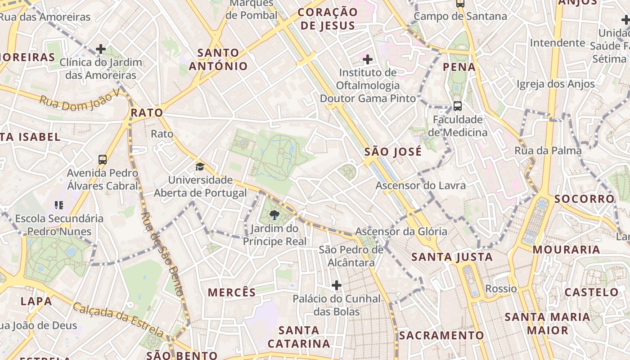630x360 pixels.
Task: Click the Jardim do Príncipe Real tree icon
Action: pyautogui.click(x=274, y=216)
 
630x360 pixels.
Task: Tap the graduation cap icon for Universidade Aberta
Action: pyautogui.click(x=200, y=167)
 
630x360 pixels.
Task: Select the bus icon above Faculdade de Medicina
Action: pyautogui.click(x=457, y=106)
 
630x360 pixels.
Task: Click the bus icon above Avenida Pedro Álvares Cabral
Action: pyautogui.click(x=103, y=159)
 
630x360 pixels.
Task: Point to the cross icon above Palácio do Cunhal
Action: pyautogui.click(x=337, y=285)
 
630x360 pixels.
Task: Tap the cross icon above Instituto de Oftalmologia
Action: pyautogui.click(x=368, y=59)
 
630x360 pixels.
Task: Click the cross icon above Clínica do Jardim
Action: pyautogui.click(x=101, y=49)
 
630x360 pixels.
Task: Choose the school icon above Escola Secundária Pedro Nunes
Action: pyautogui.click(x=58, y=205)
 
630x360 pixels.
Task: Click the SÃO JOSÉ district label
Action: pyautogui.click(x=393, y=152)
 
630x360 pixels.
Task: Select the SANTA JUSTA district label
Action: pyautogui.click(x=452, y=257)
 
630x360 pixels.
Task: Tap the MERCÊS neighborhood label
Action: pyautogui.click(x=232, y=292)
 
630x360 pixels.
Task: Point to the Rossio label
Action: pyautogui.click(x=501, y=288)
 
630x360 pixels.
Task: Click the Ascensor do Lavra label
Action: pyautogui.click(x=420, y=185)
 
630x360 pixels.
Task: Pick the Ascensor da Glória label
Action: pyautogui.click(x=401, y=232)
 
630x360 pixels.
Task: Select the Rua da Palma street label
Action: pyautogui.click(x=548, y=151)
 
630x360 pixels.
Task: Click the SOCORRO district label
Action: pyautogui.click(x=584, y=199)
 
